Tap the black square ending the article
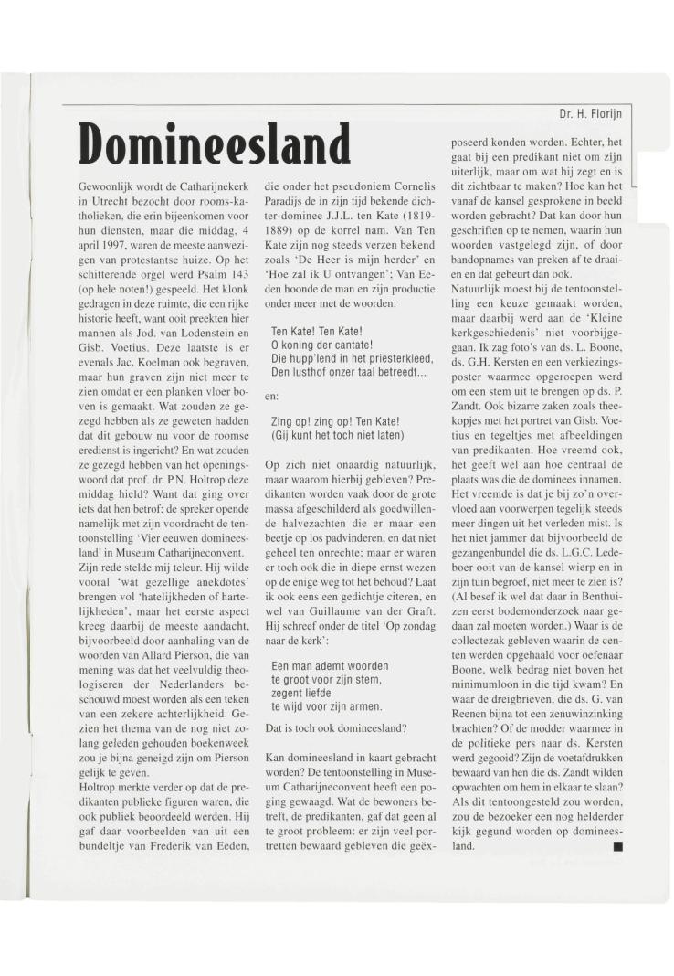[x=618, y=846]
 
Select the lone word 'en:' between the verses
[x=272, y=397]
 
